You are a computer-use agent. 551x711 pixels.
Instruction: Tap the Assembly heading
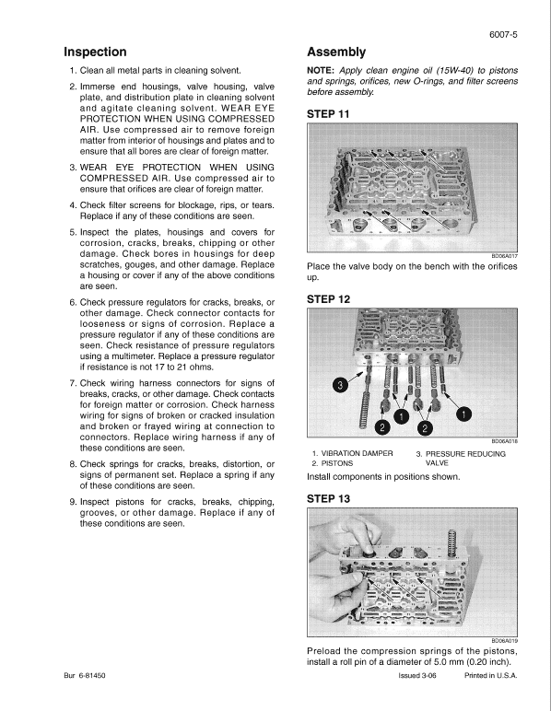click(336, 52)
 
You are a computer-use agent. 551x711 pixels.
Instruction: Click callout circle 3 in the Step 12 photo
click(339, 385)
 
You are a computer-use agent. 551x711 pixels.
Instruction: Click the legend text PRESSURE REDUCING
click(464, 454)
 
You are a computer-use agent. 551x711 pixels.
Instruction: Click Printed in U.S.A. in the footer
click(491, 675)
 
